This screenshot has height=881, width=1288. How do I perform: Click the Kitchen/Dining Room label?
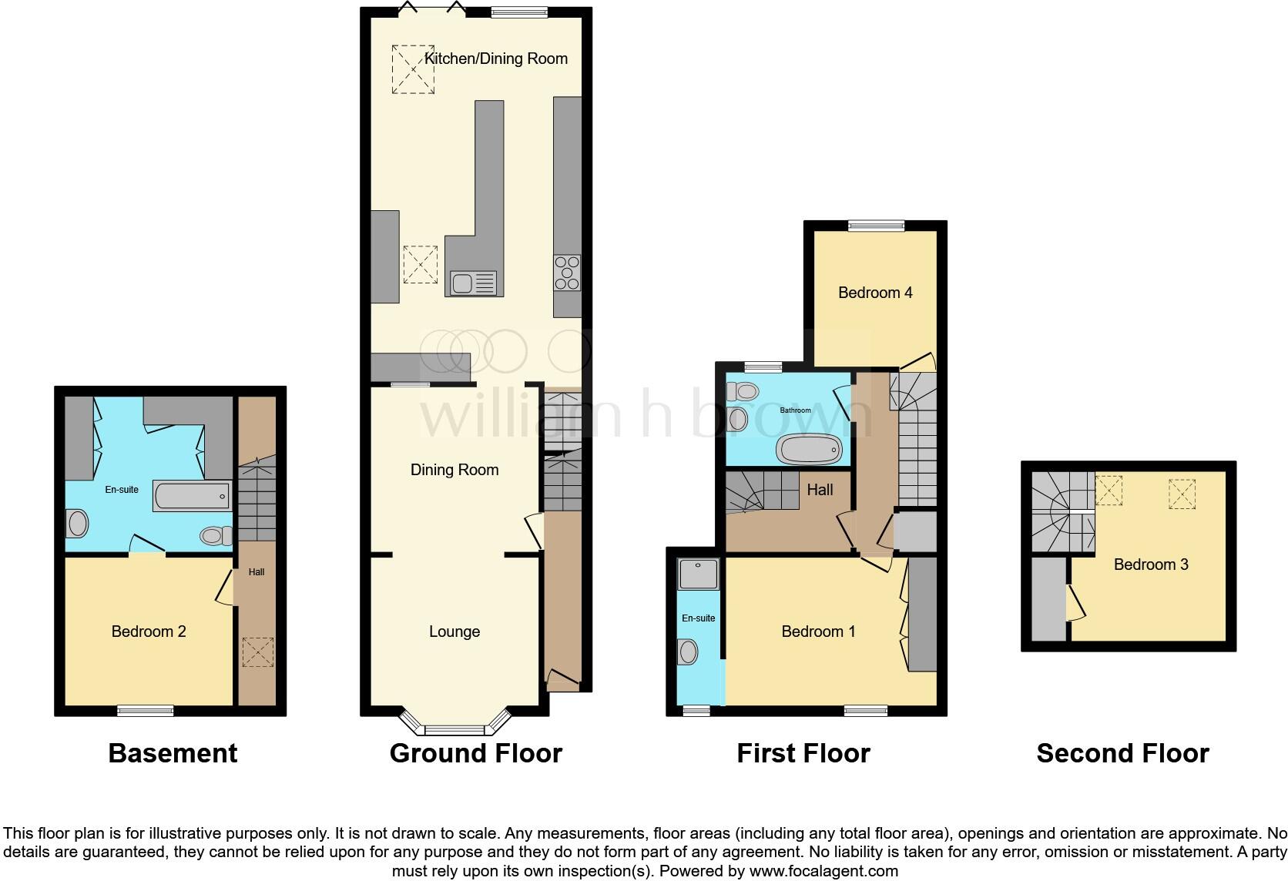[495, 59]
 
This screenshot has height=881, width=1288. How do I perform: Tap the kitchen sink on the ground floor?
[473, 283]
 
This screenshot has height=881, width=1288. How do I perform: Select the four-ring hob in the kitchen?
[567, 272]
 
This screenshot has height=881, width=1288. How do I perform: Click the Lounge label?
[454, 631]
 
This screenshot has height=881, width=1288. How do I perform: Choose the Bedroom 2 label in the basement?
[149, 631]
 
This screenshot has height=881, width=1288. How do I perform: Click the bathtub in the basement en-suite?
[192, 496]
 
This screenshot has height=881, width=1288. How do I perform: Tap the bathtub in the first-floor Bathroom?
[809, 449]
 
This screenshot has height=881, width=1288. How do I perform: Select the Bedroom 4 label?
[875, 293]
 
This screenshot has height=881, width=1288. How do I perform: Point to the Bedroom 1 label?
[818, 631]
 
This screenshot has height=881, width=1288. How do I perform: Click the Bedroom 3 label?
[1151, 564]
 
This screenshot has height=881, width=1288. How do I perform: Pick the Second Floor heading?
[1122, 753]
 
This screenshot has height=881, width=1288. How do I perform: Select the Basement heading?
[173, 753]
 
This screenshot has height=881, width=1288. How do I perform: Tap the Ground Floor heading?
[475, 753]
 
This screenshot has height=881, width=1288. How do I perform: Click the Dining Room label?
[454, 470]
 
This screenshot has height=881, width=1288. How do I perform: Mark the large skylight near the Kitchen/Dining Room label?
[414, 69]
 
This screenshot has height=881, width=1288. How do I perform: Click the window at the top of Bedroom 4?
[876, 226]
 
